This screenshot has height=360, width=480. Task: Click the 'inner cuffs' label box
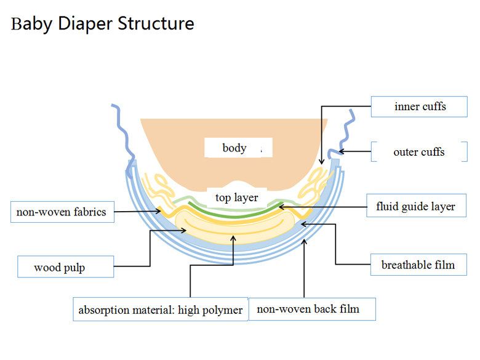(x=419, y=106)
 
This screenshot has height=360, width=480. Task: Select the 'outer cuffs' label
(x=419, y=151)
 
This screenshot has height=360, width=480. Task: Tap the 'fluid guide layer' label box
(x=417, y=206)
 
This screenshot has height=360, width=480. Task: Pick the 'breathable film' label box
(x=418, y=265)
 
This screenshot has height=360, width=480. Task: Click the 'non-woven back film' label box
(x=312, y=309)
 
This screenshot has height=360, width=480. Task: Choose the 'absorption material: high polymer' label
(x=161, y=309)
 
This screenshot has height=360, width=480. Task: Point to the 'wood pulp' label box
(x=65, y=266)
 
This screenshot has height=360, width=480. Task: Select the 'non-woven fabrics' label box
(x=62, y=212)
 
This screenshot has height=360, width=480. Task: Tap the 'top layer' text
(x=237, y=198)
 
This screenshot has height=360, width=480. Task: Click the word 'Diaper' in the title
(x=85, y=24)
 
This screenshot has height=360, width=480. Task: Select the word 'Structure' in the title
(x=156, y=23)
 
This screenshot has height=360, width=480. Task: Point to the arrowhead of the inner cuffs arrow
(x=321, y=162)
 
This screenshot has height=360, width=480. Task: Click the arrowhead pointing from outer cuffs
(x=342, y=151)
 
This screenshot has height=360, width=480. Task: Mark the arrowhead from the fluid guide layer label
(x=282, y=207)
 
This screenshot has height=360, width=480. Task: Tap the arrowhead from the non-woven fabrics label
(x=158, y=211)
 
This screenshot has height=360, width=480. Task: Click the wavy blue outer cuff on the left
(x=124, y=138)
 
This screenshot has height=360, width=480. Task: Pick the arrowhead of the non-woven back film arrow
(x=304, y=242)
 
